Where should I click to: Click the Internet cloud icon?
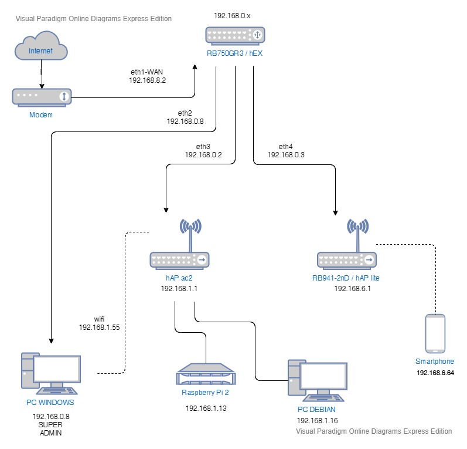point(41,50)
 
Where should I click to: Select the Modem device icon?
point(41,96)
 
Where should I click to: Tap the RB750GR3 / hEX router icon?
point(235,36)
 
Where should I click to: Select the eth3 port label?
point(203,146)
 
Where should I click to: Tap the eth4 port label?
point(286,146)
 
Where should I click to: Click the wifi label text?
point(100,319)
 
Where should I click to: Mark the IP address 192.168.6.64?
point(435,373)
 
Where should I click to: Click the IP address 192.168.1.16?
point(317,421)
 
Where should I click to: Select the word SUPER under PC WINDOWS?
point(50,424)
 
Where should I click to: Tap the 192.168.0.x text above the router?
point(231,17)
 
